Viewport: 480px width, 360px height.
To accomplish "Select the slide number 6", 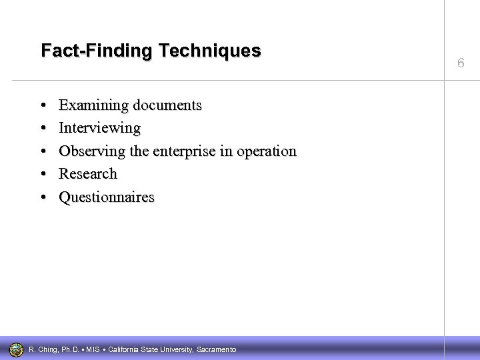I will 461,63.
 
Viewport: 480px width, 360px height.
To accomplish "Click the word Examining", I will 94,105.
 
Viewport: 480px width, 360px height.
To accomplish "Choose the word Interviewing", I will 100,128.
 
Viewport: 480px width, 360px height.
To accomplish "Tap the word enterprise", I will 184,151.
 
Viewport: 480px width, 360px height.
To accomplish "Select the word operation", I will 265,151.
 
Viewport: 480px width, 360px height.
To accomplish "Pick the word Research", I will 88,174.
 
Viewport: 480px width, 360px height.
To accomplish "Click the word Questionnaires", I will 107,197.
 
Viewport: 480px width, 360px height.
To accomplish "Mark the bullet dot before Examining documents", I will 43,106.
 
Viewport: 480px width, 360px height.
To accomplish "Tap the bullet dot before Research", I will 43,175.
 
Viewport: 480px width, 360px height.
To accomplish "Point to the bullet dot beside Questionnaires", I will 43,198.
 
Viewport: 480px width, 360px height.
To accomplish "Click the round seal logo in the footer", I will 16,349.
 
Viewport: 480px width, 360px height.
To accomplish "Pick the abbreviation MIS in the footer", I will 93,349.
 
